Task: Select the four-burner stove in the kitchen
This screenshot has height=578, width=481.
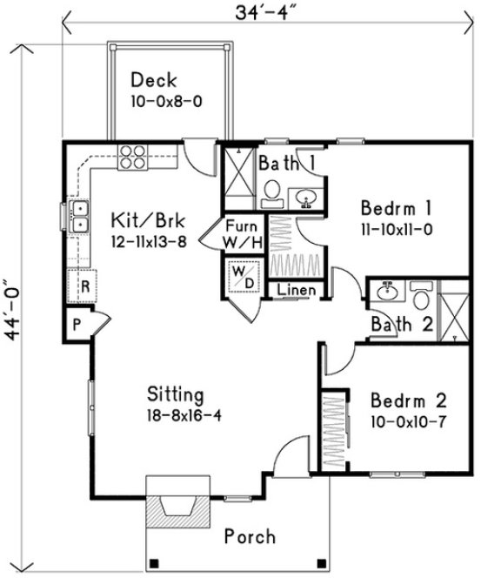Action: [131, 156]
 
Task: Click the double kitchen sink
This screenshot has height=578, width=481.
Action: [79, 217]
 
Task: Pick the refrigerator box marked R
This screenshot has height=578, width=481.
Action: [85, 285]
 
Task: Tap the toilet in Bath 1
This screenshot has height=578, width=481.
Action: [271, 191]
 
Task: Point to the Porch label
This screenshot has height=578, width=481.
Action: [251, 536]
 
